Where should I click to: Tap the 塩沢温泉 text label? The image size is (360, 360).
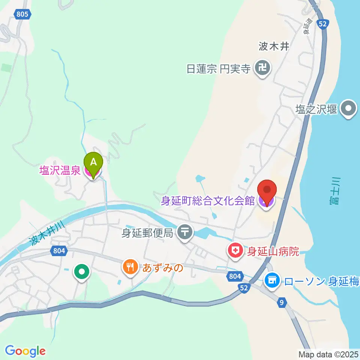click(60, 171)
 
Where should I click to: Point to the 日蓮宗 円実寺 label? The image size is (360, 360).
click(219, 69)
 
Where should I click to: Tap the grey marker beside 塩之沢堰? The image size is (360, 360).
click(349, 109)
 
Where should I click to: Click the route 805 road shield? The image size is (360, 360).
click(22, 14)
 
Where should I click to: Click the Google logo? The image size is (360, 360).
click(25, 351)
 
